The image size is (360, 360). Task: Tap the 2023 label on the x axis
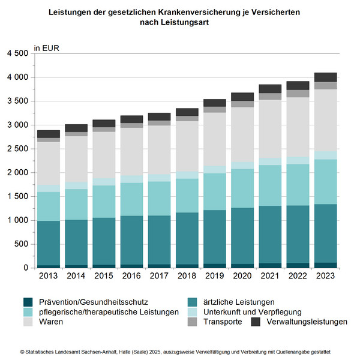[x=326, y=277]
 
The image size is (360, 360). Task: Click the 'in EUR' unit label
[x=47, y=47]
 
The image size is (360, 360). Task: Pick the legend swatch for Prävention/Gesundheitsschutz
[x=27, y=302]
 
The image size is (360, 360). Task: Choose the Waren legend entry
[x=51, y=322]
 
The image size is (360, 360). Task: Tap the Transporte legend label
[x=223, y=322]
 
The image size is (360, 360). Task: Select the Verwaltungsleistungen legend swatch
[x=254, y=322]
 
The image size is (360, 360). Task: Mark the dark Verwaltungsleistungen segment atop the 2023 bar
[x=326, y=77]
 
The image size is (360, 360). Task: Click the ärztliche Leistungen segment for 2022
[x=298, y=234]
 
